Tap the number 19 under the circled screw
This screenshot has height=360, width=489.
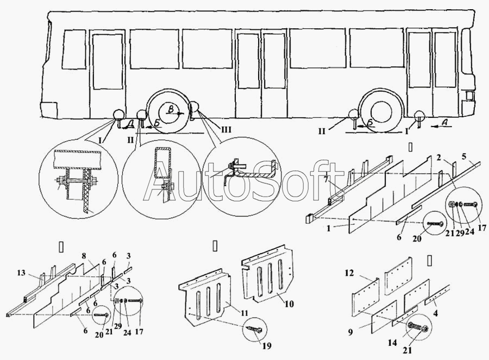tap(267, 346)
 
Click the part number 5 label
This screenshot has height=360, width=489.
tap(463, 155)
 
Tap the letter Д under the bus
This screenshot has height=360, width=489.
tap(130, 124)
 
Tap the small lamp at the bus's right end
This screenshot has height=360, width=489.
tap(468, 96)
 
